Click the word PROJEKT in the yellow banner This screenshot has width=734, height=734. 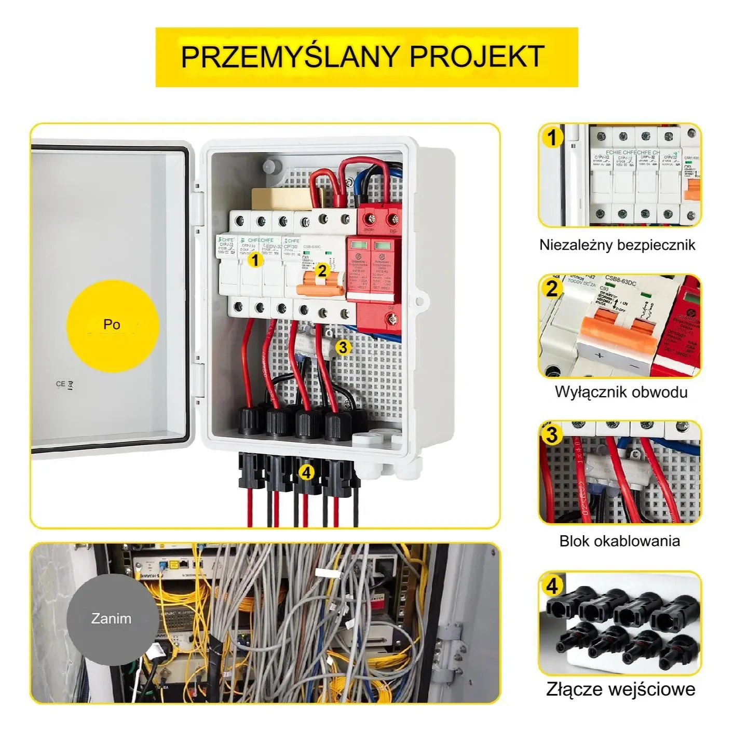point(477,57)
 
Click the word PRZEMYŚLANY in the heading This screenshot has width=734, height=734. point(292,57)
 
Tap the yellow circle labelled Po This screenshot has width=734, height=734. point(112,324)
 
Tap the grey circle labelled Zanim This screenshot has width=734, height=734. point(112,619)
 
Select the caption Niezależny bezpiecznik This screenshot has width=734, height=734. point(617,245)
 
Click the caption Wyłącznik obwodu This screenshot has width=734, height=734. point(621,391)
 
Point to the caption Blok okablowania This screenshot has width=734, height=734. point(619,541)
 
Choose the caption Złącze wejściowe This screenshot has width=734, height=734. point(620,689)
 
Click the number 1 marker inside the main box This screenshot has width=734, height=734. point(255,260)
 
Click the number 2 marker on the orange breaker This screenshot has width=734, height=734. point(322,270)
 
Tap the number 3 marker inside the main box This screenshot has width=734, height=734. point(343,347)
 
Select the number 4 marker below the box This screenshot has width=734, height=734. point(307,473)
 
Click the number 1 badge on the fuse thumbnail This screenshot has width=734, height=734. point(552,138)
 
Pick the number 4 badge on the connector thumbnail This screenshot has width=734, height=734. point(552,586)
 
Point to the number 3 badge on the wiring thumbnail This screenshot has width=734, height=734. point(552,435)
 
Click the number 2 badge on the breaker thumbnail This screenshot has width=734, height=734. point(552,289)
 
